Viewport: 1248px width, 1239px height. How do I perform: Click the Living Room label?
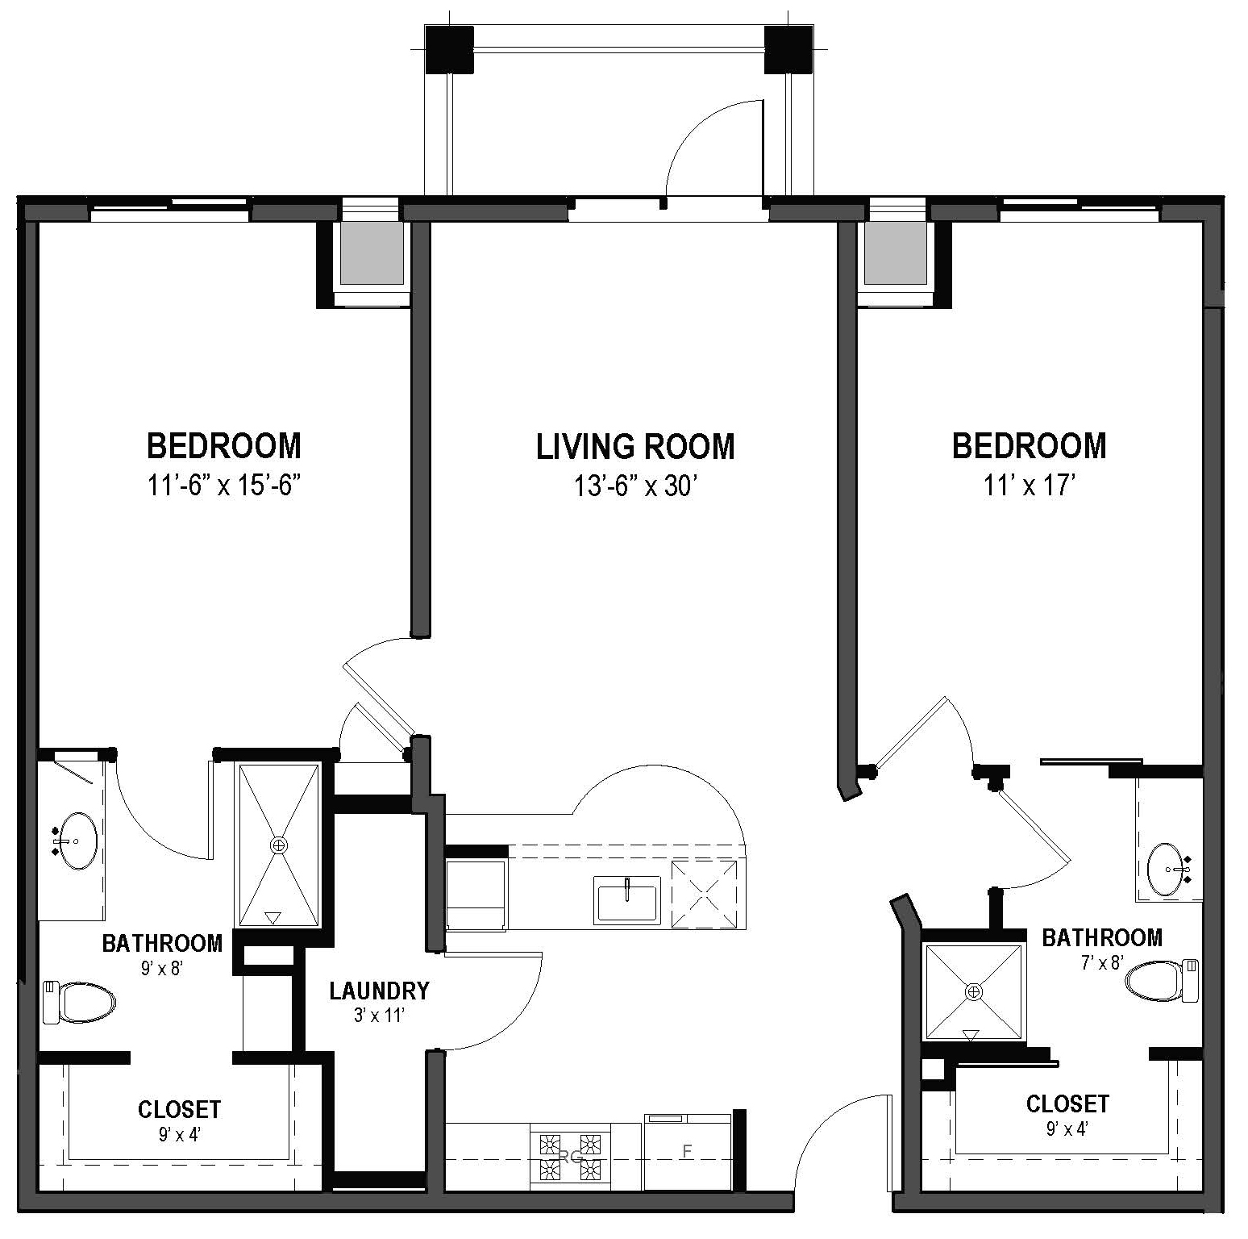click(x=635, y=447)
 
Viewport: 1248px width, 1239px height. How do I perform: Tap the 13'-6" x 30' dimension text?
click(x=635, y=486)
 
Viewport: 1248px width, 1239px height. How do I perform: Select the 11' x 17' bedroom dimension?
click(x=1030, y=486)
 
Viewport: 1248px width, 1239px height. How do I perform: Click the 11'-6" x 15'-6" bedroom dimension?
click(x=224, y=486)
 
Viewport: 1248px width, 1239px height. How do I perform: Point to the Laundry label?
click(x=379, y=991)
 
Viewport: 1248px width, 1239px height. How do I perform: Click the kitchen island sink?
click(x=626, y=899)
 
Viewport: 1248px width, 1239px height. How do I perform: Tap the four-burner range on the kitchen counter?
click(x=570, y=1155)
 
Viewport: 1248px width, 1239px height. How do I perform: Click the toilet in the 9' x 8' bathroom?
click(x=79, y=1002)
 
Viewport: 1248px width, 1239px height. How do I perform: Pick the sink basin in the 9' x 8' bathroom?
click(x=78, y=841)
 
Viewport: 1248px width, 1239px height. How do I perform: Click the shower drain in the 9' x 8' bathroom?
click(x=279, y=845)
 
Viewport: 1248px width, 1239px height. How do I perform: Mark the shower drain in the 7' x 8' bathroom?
click(x=974, y=991)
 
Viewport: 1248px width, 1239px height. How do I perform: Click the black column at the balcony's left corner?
click(x=449, y=50)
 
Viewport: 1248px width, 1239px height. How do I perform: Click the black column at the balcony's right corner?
click(x=788, y=50)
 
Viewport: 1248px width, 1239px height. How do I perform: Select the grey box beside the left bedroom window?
click(x=372, y=253)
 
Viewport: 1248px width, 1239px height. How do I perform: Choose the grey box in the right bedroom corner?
click(x=896, y=253)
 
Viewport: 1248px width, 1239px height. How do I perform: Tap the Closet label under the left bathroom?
click(x=179, y=1109)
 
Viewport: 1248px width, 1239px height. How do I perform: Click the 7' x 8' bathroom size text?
click(x=1101, y=962)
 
